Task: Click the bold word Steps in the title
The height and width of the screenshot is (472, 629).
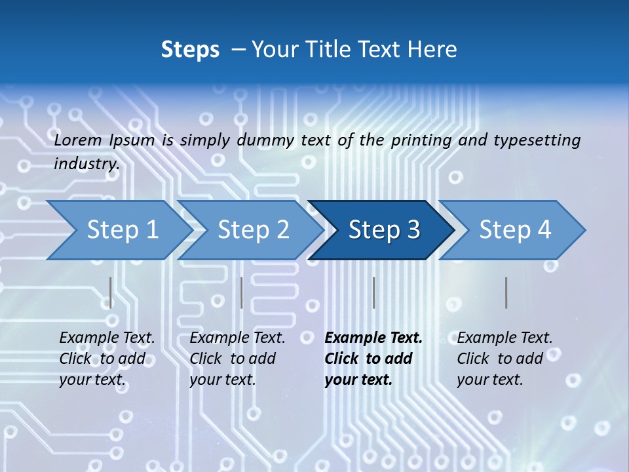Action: pos(190,49)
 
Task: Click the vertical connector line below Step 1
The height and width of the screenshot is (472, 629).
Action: pos(110,292)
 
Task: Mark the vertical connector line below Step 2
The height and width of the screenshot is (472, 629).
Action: pos(242,292)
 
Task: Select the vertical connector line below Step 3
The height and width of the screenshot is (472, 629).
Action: pos(373,292)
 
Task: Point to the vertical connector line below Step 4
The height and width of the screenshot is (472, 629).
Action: pos(506,292)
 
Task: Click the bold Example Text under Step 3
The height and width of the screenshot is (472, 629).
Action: pos(373,338)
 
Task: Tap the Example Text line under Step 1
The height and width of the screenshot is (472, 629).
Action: pos(107,338)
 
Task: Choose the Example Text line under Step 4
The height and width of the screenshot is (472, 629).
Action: pos(505,338)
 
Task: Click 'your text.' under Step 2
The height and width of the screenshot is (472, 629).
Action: pos(222,380)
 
